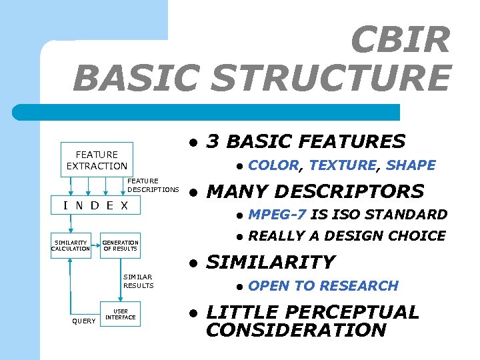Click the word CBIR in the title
pos(400,41)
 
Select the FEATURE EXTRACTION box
pos(97,160)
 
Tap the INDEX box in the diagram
pos(95,205)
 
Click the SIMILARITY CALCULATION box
pos(71,245)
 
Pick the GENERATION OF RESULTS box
pos(120,245)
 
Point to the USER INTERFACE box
pos(120,314)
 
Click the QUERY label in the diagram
pos(83,321)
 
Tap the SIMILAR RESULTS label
pos(138,281)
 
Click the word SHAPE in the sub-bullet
pos(411,165)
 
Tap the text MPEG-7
pos(277,215)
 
